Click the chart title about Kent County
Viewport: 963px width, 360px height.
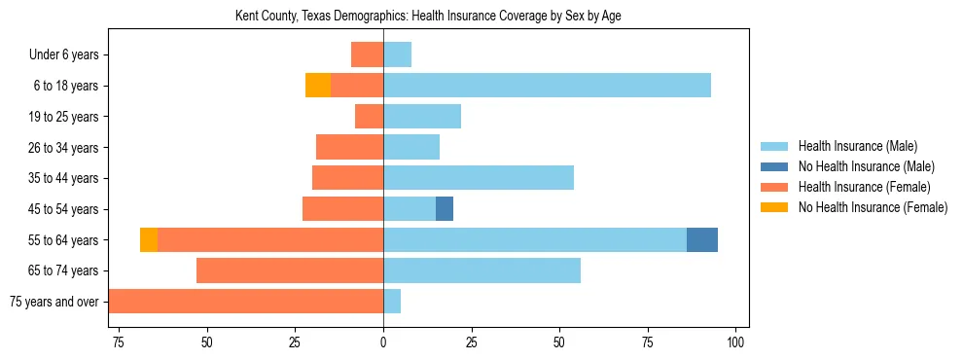[429, 16]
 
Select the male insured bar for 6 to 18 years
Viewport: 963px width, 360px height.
[547, 86]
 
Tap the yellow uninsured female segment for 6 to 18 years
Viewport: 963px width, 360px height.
[317, 86]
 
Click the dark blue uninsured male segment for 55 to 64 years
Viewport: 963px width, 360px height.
[702, 239]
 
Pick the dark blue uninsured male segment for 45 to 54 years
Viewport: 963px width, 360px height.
[445, 208]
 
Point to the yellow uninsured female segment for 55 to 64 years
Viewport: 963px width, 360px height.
[149, 239]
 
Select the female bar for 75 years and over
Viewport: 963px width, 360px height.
[246, 302]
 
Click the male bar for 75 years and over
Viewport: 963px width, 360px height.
[392, 302]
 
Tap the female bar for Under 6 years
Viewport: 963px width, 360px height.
[367, 54]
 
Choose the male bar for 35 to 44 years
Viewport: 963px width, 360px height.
[479, 178]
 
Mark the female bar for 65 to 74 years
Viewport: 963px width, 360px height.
[290, 270]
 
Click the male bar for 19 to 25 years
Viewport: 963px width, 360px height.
[422, 117]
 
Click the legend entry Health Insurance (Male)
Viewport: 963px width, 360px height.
[857, 146]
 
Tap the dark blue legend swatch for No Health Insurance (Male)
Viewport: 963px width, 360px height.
[774, 166]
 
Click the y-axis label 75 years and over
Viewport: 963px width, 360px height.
[53, 302]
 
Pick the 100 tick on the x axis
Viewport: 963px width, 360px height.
[735, 342]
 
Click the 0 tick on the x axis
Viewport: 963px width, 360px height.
[383, 342]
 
